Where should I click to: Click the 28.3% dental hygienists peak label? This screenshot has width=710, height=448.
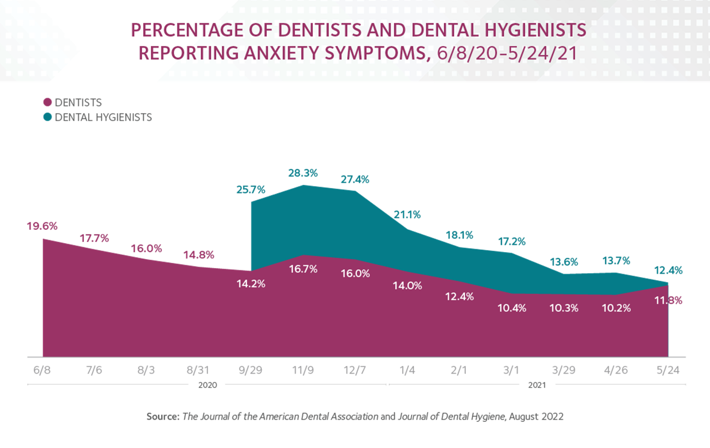pos(303,173)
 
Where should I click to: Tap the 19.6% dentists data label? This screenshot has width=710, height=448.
pos(42,226)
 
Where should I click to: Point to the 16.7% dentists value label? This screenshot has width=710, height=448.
pos(303,269)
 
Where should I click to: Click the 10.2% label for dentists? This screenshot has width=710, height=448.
pos(616,308)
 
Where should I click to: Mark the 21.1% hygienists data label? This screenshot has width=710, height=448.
pos(407,214)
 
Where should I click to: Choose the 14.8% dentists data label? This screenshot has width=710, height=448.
pos(199,255)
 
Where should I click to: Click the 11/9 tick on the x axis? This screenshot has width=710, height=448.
pos(303,370)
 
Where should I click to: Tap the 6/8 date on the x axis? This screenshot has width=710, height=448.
pos(43,370)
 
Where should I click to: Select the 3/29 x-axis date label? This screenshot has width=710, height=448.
pos(564,370)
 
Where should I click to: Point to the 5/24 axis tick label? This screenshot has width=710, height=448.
pos(668,370)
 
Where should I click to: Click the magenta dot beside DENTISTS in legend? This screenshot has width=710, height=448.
pos(48,103)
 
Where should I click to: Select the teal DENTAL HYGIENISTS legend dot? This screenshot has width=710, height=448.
pos(48,118)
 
